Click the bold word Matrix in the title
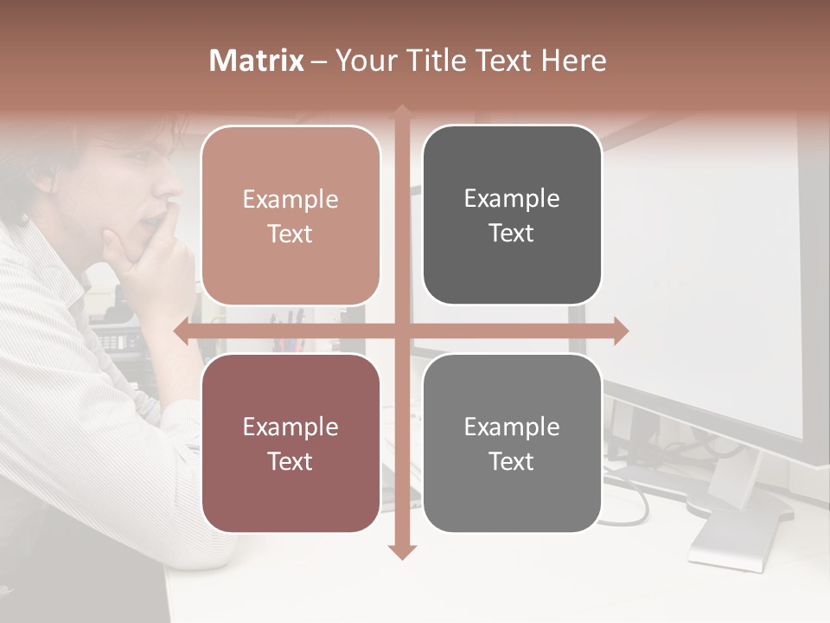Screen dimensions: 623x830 point(257,61)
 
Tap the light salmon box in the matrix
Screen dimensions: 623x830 point(290,215)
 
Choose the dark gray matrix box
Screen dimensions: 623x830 point(512,215)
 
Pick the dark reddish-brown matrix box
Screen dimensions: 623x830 point(290,443)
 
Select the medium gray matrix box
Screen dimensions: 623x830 point(512,443)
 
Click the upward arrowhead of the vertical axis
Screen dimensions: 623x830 point(402,111)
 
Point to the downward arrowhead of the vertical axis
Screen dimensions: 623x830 point(402,552)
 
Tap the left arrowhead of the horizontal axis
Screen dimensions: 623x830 point(181,331)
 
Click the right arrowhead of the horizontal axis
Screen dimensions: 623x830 point(622,331)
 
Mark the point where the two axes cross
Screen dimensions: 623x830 point(402,331)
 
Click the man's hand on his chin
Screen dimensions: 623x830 point(160,260)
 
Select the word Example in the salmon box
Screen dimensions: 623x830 point(290,199)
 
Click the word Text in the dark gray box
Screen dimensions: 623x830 point(512,233)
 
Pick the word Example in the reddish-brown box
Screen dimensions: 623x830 point(290,427)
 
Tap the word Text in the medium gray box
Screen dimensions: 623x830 point(512,460)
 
